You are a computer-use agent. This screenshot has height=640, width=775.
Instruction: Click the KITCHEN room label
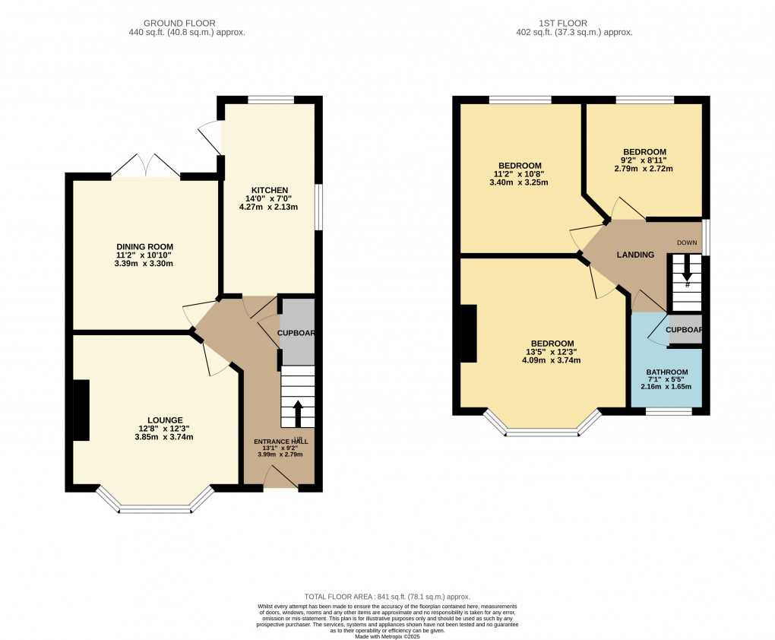270,190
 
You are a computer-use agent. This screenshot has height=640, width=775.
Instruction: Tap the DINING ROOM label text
144,246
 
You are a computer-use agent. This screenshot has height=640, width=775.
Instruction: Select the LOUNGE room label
166,420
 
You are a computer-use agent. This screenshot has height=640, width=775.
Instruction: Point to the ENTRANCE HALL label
281,441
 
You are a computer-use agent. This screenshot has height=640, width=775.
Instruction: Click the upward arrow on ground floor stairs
297,413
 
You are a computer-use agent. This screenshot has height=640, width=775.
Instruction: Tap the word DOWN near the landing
687,242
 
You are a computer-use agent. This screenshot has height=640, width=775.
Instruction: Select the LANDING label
635,255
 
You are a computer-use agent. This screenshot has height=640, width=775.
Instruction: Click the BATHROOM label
666,372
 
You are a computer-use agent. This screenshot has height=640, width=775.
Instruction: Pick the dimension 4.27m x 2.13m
270,207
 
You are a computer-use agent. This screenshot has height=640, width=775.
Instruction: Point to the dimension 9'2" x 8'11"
644,160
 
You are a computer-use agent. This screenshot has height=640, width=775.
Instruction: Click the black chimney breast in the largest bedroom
468,334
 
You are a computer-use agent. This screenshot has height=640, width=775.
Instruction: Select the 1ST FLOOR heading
574,24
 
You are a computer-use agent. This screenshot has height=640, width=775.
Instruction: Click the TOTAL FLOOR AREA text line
387,597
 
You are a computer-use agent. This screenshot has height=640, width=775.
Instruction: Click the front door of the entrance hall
280,477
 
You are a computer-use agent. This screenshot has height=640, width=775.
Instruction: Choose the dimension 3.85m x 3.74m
166,437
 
